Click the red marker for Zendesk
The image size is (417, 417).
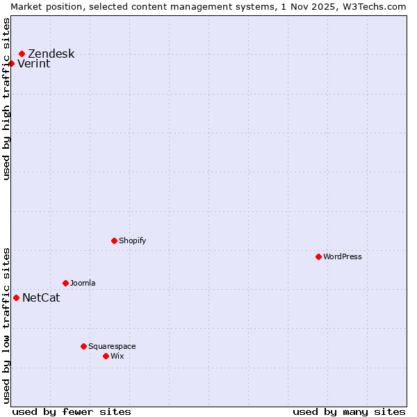point(22,54)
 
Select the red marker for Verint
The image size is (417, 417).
point(11,63)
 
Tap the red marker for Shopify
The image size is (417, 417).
point(114,240)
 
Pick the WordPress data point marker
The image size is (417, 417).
point(318,256)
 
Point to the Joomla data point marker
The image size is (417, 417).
point(65,283)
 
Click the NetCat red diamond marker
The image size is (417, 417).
point(16,297)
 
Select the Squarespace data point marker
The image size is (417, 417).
point(83,346)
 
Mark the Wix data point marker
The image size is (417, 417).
point(106,356)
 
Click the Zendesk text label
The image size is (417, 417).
point(51,54)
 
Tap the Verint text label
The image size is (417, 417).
point(33,64)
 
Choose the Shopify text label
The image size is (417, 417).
point(132,241)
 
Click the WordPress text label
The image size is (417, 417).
point(342,257)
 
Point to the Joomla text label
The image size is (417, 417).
point(83,284)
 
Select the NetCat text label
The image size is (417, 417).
point(41,298)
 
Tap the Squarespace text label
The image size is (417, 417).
point(112,347)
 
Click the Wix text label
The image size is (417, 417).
point(117,357)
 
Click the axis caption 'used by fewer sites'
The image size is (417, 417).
point(72,411)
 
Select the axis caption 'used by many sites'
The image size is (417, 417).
point(349,411)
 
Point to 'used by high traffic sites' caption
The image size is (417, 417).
point(6,99)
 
